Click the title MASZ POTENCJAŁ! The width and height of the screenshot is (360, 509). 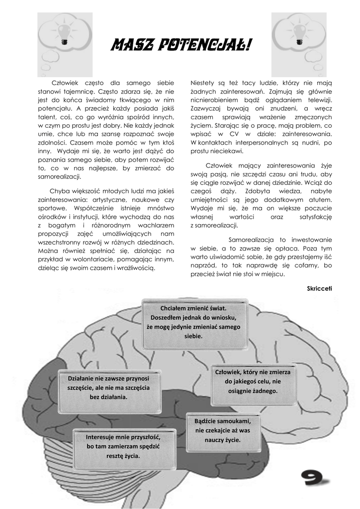[x=180, y=46]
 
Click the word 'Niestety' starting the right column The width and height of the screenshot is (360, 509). [x=202, y=83]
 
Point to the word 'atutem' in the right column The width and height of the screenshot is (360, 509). [x=319, y=200]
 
